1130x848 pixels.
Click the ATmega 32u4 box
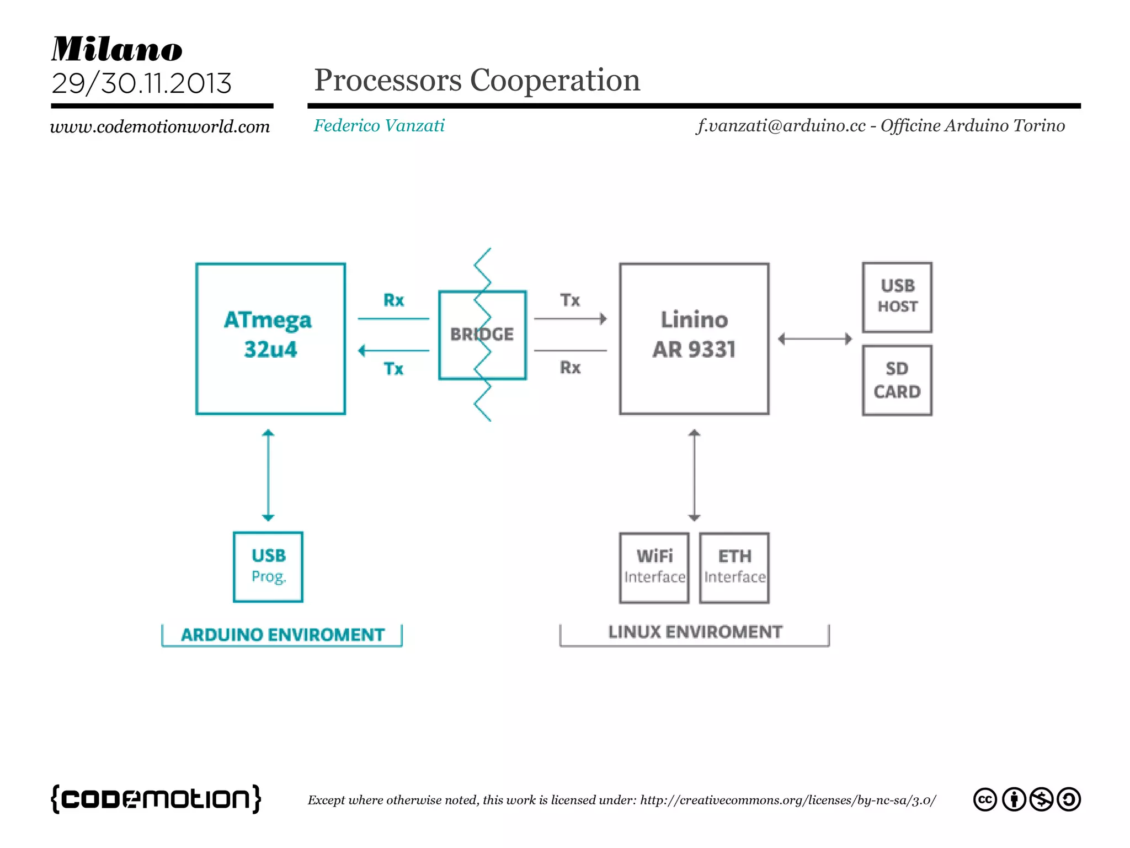tap(270, 338)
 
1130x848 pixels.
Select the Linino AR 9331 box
tap(694, 338)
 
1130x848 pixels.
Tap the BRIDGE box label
tap(482, 334)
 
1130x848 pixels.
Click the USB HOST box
tap(897, 297)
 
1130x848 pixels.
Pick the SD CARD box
tap(897, 380)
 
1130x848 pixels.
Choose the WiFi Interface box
tap(654, 567)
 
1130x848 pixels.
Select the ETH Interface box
tap(734, 567)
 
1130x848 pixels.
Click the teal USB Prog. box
tap(268, 566)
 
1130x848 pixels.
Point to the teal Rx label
tap(393, 300)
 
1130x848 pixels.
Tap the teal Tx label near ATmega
tap(393, 368)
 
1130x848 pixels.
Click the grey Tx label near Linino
tap(570, 300)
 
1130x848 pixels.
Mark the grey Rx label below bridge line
tap(570, 367)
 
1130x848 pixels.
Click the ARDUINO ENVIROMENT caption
tap(282, 635)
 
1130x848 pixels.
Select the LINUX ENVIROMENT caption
tap(695, 632)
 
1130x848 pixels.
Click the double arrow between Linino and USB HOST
tap(815, 338)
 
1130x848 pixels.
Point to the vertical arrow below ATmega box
tap(268, 475)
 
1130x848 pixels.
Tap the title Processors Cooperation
tap(477, 80)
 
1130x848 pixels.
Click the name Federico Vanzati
tap(379, 126)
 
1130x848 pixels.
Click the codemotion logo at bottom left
tap(156, 798)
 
